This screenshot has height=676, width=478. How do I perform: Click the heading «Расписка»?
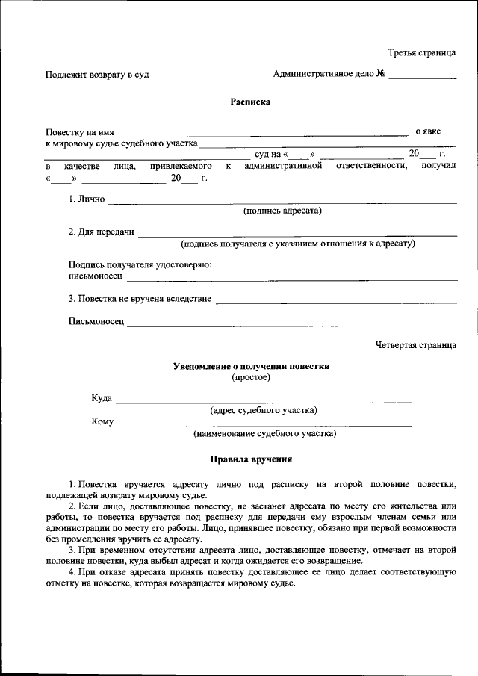(250, 102)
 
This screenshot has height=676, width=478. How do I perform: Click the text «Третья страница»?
(421, 53)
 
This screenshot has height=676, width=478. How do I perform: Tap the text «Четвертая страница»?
(415, 345)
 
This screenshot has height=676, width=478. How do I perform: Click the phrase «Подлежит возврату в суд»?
(87, 75)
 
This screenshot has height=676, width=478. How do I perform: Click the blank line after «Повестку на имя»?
(261, 133)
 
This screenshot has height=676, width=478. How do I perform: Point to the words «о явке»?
(428, 131)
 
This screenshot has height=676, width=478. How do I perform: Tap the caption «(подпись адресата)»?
(282, 211)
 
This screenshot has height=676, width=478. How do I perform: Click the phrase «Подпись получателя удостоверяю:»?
(140, 264)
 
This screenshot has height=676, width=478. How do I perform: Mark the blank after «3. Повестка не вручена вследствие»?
(335, 300)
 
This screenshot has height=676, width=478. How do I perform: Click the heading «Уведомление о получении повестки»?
(251, 366)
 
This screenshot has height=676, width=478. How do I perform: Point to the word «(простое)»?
(251, 377)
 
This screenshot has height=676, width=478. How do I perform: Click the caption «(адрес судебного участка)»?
(264, 410)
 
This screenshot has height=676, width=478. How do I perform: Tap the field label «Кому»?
(102, 422)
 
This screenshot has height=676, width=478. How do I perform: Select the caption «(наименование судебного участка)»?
(264, 433)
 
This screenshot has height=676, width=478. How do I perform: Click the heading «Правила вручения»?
(251, 460)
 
